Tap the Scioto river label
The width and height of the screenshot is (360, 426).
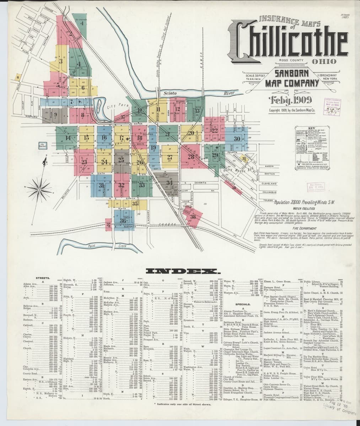170,93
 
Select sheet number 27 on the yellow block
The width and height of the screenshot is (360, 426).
170,157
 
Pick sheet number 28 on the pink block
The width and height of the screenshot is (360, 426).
191,157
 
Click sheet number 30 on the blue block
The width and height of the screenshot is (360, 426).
237,138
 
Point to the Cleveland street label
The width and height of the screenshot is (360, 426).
269,184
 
